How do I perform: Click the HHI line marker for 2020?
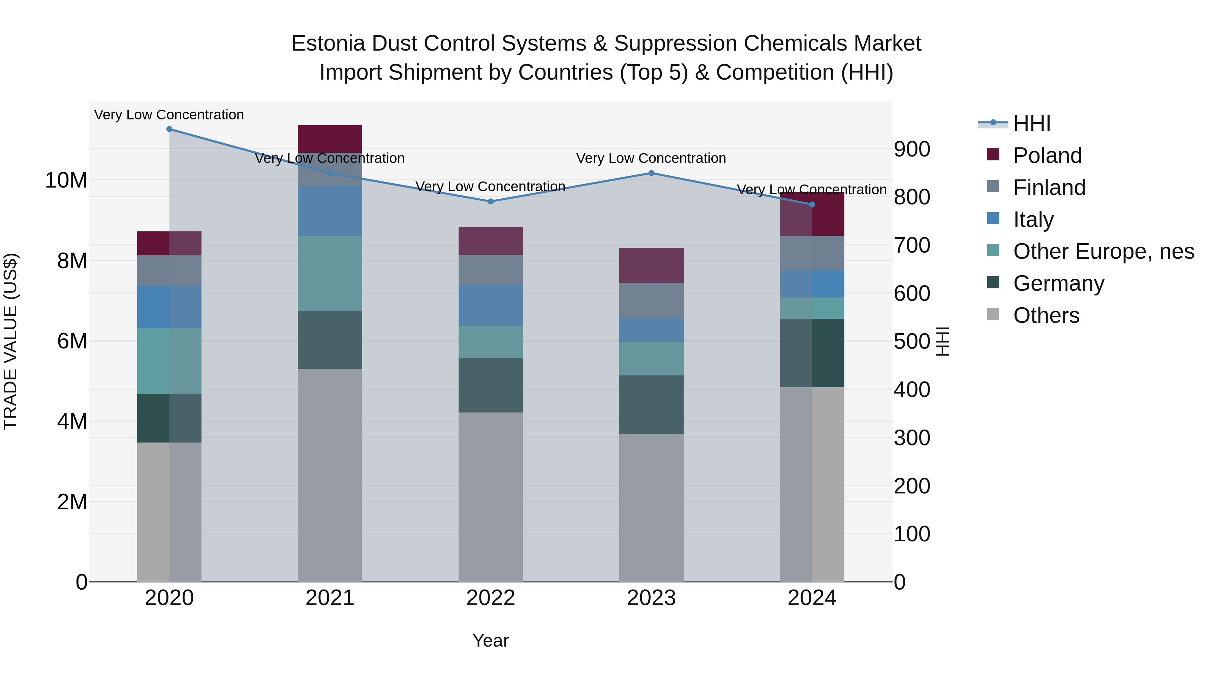point(169,129)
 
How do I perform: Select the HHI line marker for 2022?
point(491,201)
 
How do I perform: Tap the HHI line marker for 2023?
point(651,173)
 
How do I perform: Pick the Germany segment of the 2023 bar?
point(651,404)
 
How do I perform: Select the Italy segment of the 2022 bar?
point(491,306)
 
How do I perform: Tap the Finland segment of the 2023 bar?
point(651,300)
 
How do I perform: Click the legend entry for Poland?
point(1047,155)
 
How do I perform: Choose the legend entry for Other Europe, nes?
point(1103,251)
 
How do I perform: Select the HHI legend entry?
point(1031,123)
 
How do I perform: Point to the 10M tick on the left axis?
point(66,180)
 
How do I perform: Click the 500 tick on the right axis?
point(912,341)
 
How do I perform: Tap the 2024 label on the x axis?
point(812,598)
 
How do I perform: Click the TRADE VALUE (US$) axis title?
point(10,341)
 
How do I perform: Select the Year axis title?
point(491,641)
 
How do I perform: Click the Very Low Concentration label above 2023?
point(651,159)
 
